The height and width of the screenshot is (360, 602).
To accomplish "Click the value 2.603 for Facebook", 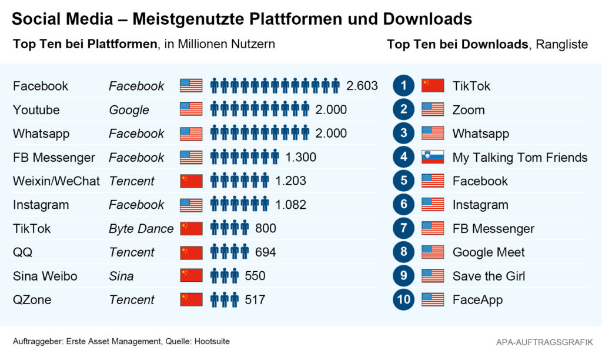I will pos(362,86).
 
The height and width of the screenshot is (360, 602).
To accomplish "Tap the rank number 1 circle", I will pos(404,86).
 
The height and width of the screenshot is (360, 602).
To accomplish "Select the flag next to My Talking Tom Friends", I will pos(433,157).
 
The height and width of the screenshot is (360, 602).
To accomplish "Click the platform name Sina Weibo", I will pos(45,276).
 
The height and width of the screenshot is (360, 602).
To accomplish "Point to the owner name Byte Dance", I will pos(141,228).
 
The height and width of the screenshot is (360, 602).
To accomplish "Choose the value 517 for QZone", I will pos(255,299).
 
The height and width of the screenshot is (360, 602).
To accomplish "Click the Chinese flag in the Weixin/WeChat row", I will pos(191,181).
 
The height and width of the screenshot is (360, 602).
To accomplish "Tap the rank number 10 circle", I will pos(404,299).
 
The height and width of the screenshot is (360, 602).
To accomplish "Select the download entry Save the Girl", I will pos(489,276).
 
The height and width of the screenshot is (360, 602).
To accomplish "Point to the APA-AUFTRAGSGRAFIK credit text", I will pos(544,342).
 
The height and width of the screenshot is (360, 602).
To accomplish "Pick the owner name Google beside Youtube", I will pos(129,110).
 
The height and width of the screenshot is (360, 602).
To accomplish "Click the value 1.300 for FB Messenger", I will pos(300,157).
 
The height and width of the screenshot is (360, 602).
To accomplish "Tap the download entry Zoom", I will pos(469,110).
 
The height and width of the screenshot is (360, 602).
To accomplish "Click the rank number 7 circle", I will pos(404,228).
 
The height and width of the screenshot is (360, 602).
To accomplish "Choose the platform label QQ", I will pos(23,252).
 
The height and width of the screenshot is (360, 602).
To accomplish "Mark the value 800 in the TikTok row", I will pos(266,228).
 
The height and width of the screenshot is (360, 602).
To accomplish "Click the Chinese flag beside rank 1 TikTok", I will pos(433,86).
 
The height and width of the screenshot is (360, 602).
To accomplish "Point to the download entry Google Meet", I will pos(489,252).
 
